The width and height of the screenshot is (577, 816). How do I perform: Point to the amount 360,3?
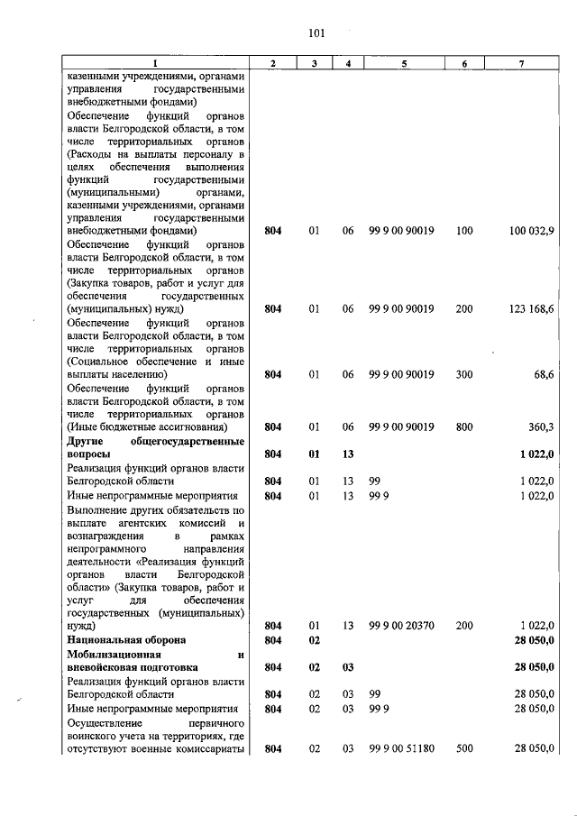coord(541,426)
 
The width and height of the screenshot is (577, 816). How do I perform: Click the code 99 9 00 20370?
coord(402,625)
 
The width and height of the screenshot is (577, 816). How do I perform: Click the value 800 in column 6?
coord(464,426)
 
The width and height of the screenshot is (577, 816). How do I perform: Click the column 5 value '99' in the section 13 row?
coord(376,482)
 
